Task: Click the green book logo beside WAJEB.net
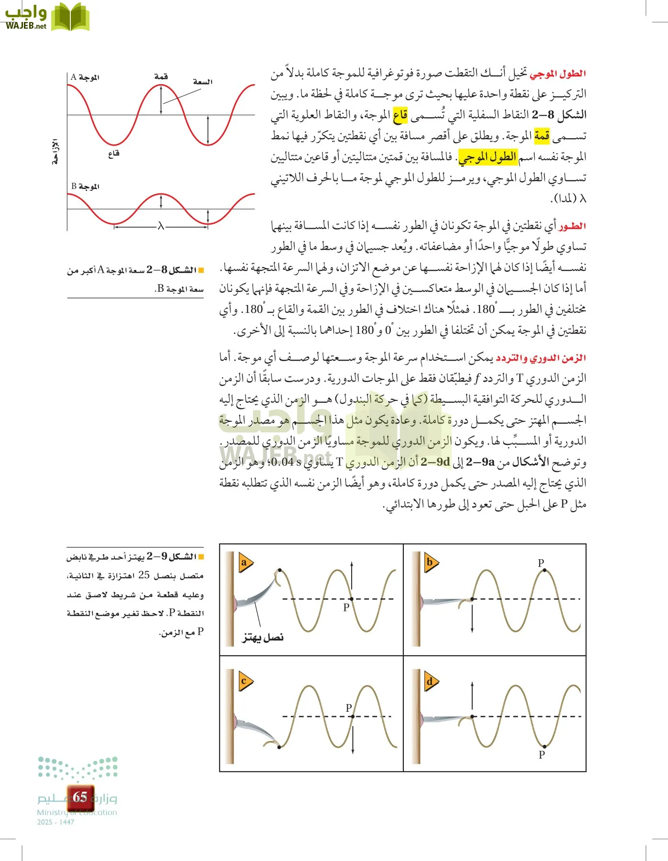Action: pos(70,17)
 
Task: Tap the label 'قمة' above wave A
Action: pos(161,77)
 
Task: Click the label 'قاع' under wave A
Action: pos(113,154)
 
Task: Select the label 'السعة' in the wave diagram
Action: pos(202,82)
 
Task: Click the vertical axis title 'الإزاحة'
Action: pos(56,152)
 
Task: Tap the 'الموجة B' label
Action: pos(85,186)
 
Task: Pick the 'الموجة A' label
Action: pos(85,77)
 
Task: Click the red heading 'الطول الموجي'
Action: pos(558,74)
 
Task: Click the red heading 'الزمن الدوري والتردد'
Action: pos(541,358)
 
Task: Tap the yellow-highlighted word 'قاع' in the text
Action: pos(400,115)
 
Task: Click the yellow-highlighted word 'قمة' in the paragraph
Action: pos(542,136)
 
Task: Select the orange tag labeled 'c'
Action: pos(245,681)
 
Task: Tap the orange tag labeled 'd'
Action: pos(430,682)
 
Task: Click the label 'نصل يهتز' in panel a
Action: pos(263,637)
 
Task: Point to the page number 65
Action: pos(80,797)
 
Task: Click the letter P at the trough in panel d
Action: pos(542,755)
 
